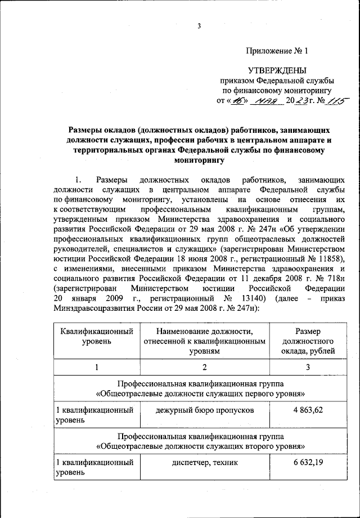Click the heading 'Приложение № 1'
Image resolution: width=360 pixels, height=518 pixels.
click(x=277, y=51)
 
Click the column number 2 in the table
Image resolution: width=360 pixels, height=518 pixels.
click(x=205, y=368)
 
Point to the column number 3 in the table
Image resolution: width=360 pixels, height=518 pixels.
click(x=309, y=368)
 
